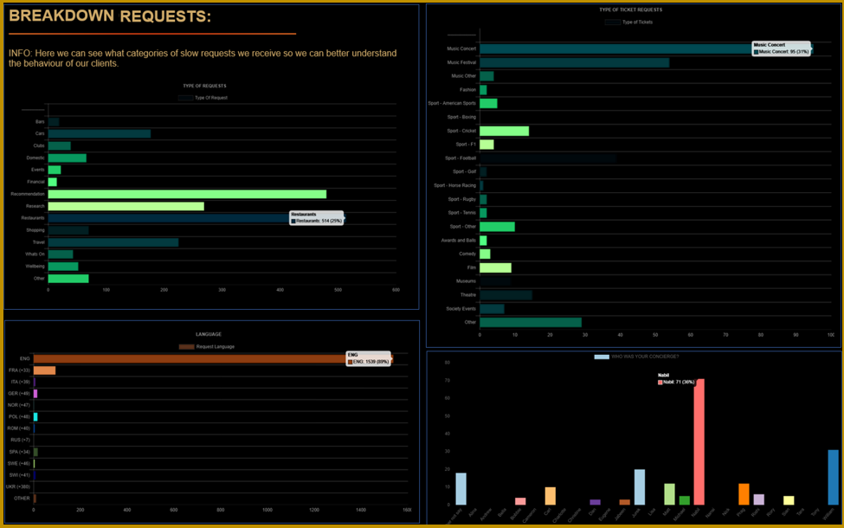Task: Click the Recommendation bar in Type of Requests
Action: (x=187, y=194)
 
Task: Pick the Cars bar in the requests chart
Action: (x=99, y=133)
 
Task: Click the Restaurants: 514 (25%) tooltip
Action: (x=317, y=217)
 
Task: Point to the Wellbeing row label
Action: (x=35, y=267)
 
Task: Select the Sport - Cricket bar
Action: (x=504, y=131)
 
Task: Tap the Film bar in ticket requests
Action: (x=495, y=267)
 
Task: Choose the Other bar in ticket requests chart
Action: (x=530, y=322)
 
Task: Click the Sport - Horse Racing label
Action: (x=454, y=185)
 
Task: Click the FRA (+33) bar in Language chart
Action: (x=44, y=370)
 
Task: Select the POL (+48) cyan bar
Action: (x=35, y=417)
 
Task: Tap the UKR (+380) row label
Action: (x=18, y=486)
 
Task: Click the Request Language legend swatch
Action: (x=186, y=346)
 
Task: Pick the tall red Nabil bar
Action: (x=699, y=441)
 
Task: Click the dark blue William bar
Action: (x=833, y=477)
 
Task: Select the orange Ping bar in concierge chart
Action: (x=744, y=494)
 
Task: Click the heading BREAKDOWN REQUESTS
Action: (x=110, y=16)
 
